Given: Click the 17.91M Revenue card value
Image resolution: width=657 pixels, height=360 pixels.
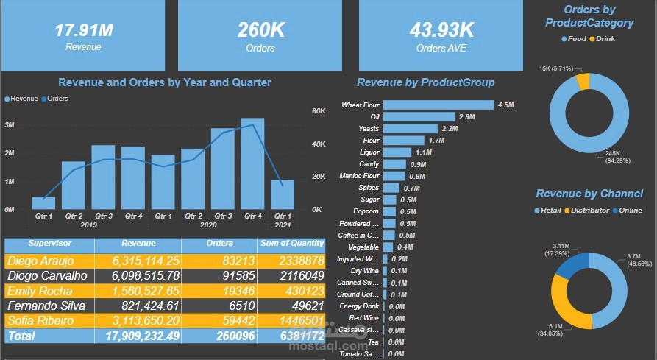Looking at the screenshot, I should (83, 30).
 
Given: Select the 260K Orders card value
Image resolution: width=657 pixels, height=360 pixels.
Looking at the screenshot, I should (260, 30).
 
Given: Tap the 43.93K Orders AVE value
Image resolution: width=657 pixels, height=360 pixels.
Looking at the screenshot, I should (441, 30).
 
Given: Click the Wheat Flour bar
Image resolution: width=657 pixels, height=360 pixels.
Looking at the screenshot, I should (437, 105).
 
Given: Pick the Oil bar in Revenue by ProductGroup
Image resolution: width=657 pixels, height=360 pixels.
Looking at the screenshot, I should (419, 117).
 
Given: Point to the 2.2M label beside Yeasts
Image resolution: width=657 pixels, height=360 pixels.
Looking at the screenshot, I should (450, 129).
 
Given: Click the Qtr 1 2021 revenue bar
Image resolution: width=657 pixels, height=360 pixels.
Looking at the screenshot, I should (282, 194).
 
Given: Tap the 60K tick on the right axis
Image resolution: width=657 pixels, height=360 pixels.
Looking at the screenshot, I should (319, 111).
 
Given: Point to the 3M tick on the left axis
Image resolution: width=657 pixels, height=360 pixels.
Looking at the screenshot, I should (10, 125).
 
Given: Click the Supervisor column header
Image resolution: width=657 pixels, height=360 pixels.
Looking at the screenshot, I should (49, 244).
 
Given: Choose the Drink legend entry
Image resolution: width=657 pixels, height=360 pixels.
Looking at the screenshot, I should (605, 38).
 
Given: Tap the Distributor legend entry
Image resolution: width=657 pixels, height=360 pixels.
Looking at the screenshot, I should (589, 211).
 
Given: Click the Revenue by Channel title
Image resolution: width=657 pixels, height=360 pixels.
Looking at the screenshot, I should (589, 194).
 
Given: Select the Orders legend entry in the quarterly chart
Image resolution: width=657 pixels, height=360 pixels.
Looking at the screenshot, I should (57, 98).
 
